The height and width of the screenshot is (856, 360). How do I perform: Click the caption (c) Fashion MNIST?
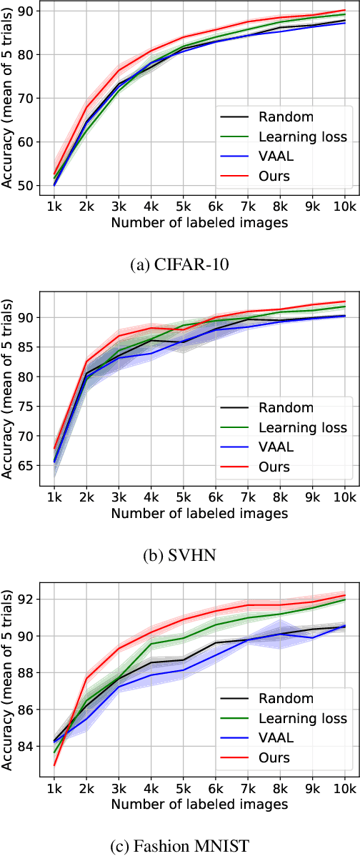(180, 847)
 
